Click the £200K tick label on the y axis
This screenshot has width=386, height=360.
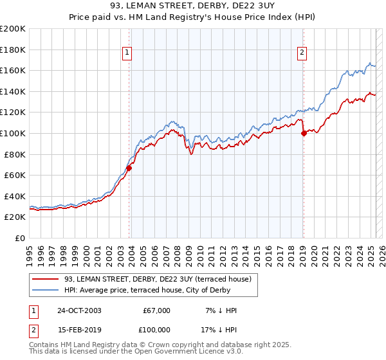click(13, 29)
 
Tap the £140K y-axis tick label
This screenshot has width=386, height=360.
click(13, 91)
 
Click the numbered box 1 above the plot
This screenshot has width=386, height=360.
click(127, 53)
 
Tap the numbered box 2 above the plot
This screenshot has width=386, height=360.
click(302, 53)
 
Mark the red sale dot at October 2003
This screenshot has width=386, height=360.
click(129, 168)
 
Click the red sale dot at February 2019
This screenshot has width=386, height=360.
click(303, 134)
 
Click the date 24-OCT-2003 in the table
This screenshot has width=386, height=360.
click(79, 310)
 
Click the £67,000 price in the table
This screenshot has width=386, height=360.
click(156, 310)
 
